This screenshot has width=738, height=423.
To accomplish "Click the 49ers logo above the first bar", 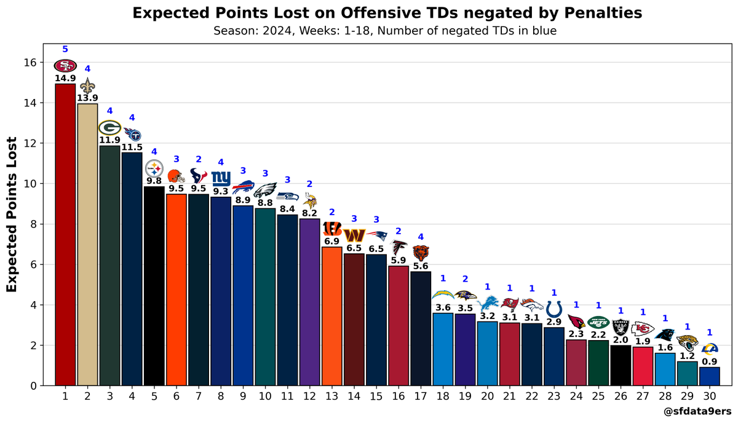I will click(x=65, y=66).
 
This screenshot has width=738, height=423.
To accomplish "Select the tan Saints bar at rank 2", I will click(x=87, y=246).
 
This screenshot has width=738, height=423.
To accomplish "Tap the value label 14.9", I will click(x=65, y=79).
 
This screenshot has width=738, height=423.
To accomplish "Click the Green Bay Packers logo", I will click(x=109, y=127).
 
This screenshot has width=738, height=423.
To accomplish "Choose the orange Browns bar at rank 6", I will click(x=176, y=289).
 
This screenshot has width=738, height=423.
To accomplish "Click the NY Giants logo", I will click(x=220, y=178).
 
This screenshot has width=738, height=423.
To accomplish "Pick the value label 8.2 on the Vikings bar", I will click(x=309, y=213).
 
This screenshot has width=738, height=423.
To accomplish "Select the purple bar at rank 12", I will click(x=309, y=301).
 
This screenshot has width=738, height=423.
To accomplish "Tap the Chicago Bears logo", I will click(x=420, y=252).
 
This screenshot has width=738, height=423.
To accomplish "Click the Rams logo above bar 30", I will click(x=709, y=349).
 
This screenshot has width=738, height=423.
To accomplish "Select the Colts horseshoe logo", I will click(x=553, y=309).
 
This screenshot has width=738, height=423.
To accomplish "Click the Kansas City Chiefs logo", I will click(x=643, y=328).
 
